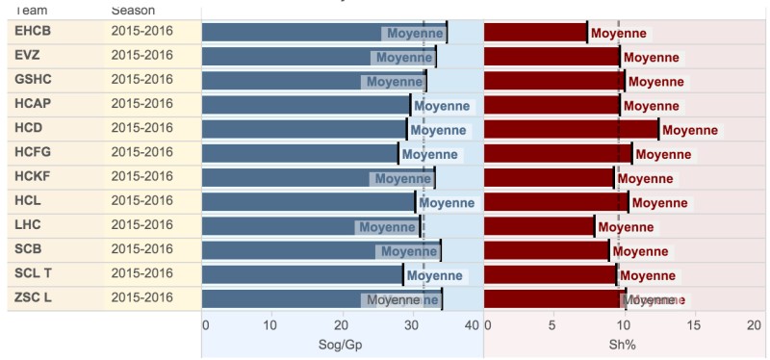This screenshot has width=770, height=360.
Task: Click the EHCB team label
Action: coord(32,32)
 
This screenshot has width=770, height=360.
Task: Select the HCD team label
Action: coord(29,128)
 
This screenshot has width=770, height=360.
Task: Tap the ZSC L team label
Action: coord(34,297)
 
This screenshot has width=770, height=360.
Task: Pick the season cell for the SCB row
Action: coord(142,249)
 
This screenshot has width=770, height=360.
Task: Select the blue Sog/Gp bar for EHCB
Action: coord(323,33)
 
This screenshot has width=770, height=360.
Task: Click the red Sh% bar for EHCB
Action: coord(535,33)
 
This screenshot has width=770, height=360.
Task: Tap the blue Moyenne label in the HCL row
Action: coord(447,203)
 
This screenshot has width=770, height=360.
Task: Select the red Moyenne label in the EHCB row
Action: coord(619,34)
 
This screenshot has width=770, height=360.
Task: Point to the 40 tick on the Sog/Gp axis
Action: coord(472,325)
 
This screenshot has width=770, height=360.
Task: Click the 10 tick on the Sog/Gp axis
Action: coord(270,325)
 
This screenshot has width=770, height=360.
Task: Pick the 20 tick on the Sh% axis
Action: coord(755,325)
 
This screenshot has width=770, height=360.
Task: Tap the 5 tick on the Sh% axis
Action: coord(552,325)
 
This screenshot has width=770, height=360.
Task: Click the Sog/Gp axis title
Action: coord(342,345)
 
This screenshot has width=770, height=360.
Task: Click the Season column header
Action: coord(133,10)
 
